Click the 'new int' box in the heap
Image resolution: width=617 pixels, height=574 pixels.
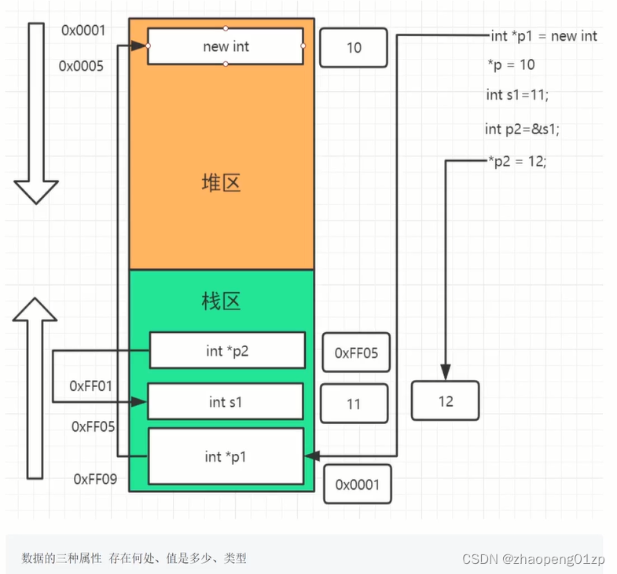click(226, 47)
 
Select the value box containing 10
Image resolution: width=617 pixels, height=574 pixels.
click(354, 48)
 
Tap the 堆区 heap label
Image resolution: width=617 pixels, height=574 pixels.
click(221, 183)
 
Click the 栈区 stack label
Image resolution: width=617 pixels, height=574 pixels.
click(221, 301)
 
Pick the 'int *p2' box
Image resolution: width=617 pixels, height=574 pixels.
click(227, 351)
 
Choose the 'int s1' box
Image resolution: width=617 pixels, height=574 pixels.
click(226, 402)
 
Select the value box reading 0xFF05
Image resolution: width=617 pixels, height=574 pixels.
click(356, 353)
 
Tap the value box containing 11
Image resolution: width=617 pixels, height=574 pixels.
click(354, 404)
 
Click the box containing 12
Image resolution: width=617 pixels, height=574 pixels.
click(445, 401)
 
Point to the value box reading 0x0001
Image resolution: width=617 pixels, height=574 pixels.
click(357, 484)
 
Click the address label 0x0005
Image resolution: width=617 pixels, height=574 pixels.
click(81, 67)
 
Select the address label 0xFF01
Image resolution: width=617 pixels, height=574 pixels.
click(91, 386)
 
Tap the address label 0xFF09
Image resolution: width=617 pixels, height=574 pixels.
click(95, 478)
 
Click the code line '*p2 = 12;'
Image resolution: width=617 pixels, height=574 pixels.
click(516, 160)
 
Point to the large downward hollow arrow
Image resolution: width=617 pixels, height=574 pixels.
click(36, 114)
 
